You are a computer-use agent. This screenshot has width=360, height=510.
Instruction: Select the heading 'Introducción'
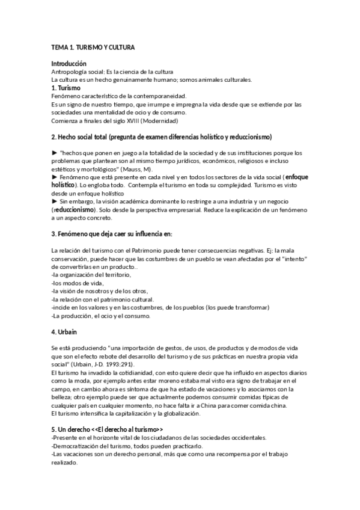[69, 64]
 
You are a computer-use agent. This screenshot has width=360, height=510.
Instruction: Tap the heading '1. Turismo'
[66, 88]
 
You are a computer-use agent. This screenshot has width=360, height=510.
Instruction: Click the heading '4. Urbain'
[64, 332]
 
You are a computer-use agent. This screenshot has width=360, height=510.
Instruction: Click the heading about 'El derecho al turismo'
[108, 430]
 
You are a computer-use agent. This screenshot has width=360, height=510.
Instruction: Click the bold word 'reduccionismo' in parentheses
[83, 209]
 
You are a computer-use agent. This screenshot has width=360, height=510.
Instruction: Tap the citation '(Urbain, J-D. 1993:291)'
[102, 364]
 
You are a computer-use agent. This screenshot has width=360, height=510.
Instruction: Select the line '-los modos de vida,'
[78, 283]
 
